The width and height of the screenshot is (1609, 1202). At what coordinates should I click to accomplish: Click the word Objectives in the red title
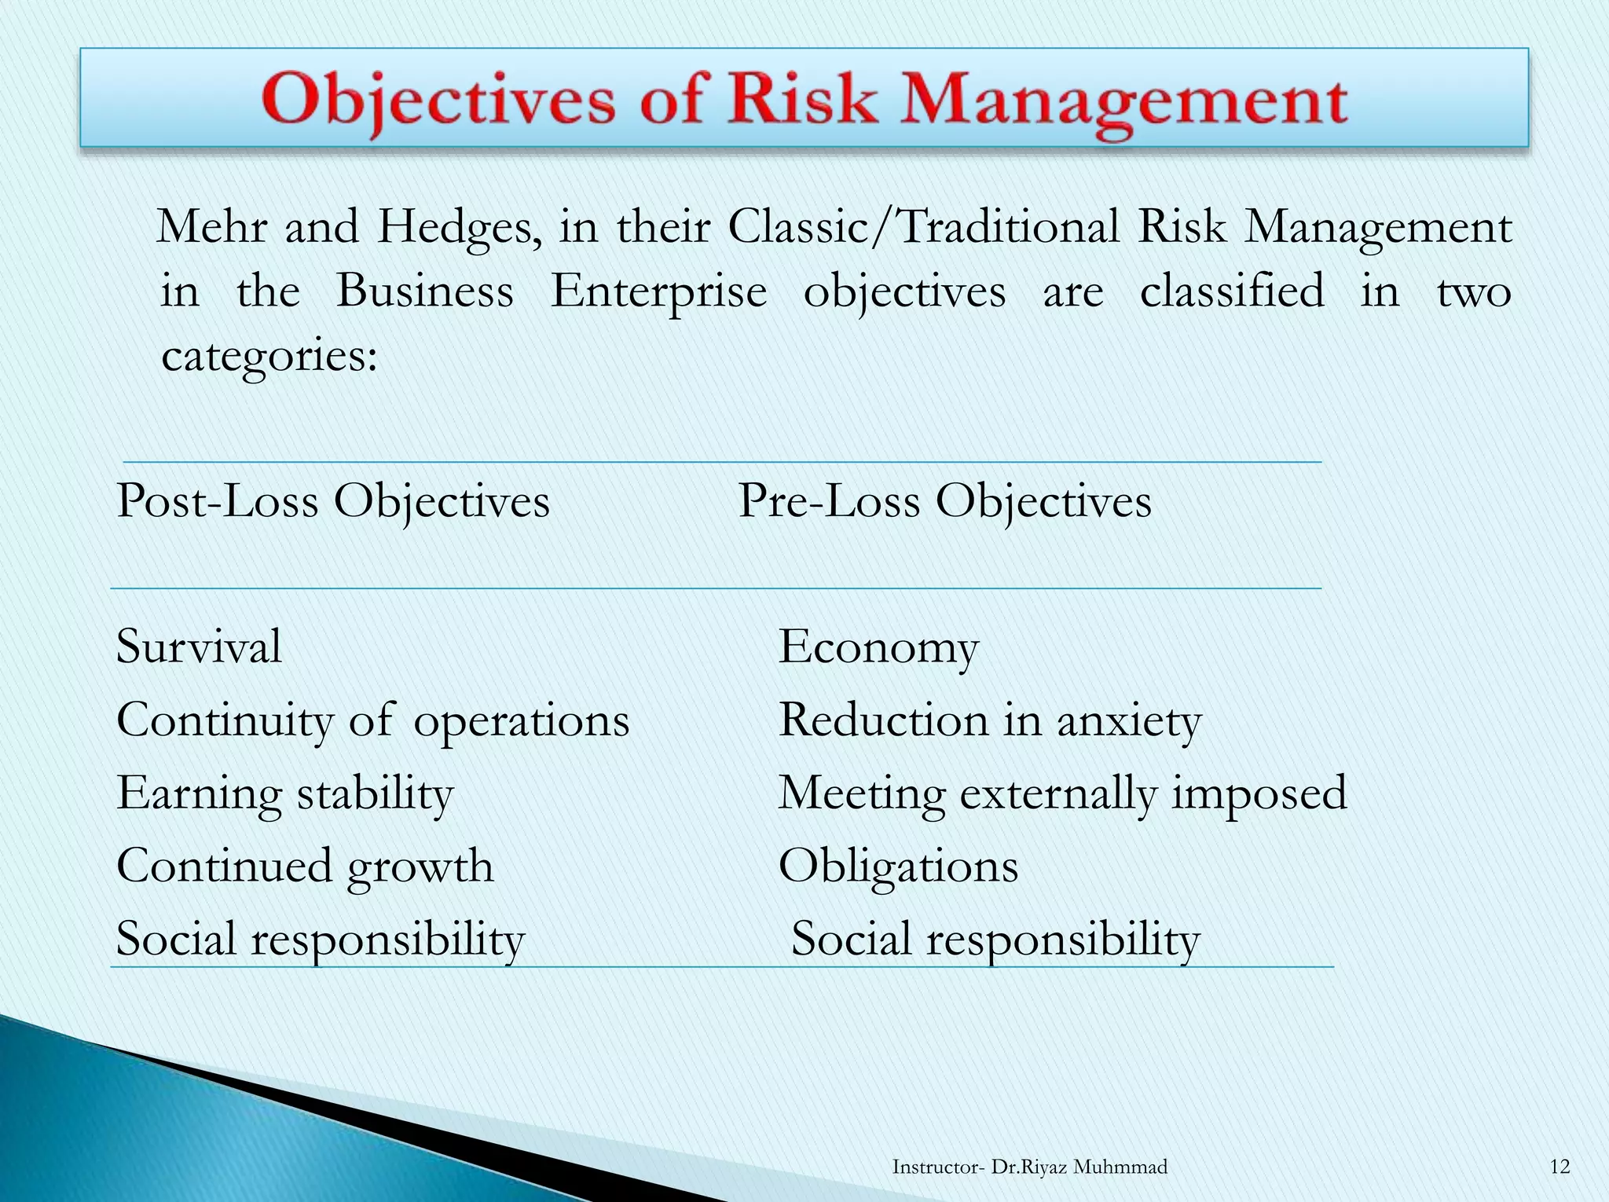[439, 101]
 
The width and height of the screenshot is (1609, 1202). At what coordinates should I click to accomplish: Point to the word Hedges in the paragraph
[459, 228]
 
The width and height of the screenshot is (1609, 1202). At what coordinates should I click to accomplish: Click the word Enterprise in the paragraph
[658, 291]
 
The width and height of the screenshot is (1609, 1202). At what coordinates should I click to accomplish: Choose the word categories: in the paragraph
[269, 356]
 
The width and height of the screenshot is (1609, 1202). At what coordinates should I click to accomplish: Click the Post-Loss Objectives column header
[333, 501]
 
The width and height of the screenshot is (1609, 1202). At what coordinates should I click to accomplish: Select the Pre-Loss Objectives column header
[944, 501]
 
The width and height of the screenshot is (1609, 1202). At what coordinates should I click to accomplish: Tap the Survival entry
[199, 647]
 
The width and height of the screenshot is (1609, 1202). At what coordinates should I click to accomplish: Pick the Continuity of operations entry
[373, 720]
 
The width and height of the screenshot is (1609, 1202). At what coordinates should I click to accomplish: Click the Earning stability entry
[285, 793]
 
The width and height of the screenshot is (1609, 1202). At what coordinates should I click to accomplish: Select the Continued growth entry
[305, 866]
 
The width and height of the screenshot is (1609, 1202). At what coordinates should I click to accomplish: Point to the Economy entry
[878, 648]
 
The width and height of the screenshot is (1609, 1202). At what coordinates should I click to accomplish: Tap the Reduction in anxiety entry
[990, 720]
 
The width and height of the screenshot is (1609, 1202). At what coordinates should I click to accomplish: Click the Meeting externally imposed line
[1062, 793]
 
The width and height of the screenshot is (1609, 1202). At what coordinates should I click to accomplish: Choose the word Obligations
[898, 866]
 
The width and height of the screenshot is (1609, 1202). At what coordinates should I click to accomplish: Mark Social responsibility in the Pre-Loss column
[995, 939]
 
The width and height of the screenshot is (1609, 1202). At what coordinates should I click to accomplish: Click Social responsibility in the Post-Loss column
[321, 939]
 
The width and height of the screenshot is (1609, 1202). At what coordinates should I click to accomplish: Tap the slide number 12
[1560, 1167]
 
